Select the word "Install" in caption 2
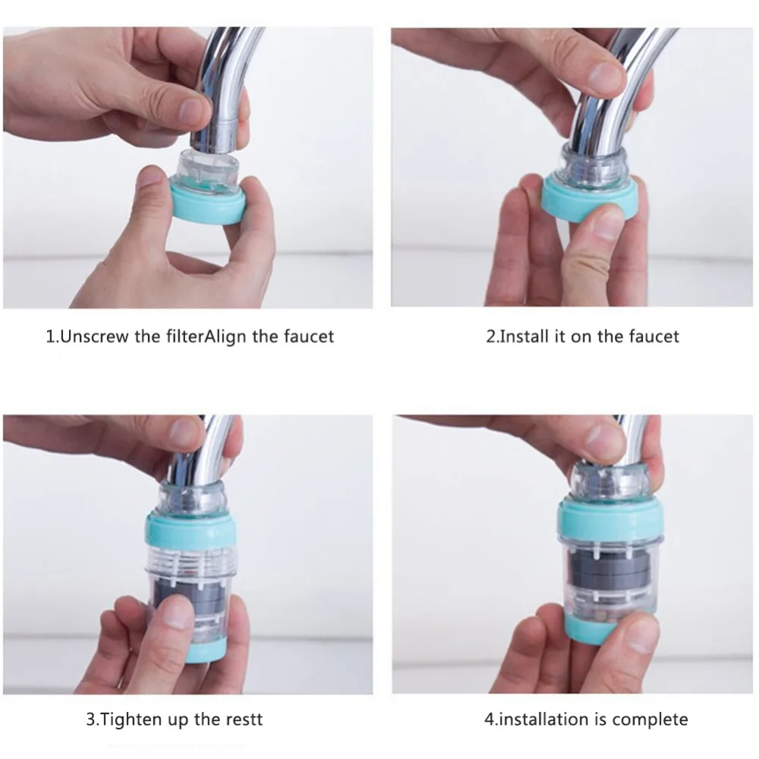coord(524,336)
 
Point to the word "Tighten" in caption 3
coord(131,720)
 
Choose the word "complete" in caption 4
coord(649,720)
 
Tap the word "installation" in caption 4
coord(540,720)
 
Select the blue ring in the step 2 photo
coord(588,198)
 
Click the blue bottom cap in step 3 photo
coord(206,649)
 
